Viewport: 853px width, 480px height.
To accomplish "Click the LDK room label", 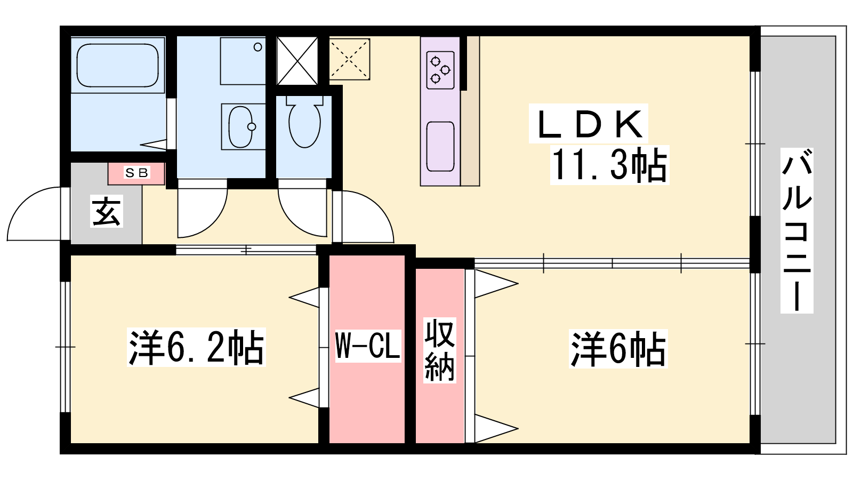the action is pyautogui.click(x=589, y=124).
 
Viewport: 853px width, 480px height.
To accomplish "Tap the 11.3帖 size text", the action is pyautogui.click(x=609, y=165).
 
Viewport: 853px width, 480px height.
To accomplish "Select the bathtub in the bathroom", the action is pyautogui.click(x=118, y=65).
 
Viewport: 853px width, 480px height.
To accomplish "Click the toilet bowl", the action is pyautogui.click(x=304, y=122).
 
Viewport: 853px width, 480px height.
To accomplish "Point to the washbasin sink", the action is pyautogui.click(x=240, y=127).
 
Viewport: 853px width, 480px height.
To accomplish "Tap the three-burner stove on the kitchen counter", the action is pyautogui.click(x=440, y=70).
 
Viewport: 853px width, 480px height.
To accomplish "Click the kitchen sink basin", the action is pyautogui.click(x=440, y=147).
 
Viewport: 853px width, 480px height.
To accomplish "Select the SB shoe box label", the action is pyautogui.click(x=136, y=173).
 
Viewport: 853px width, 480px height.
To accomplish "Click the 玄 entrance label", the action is pyautogui.click(x=106, y=211).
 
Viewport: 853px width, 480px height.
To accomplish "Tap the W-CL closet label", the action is pyautogui.click(x=368, y=345).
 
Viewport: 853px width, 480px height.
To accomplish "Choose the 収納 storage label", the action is pyautogui.click(x=440, y=350).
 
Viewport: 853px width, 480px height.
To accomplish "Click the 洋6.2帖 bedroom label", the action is pyautogui.click(x=196, y=347).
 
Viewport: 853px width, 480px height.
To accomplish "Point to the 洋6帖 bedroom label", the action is pyautogui.click(x=618, y=349).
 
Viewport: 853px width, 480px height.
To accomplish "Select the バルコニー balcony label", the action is pyautogui.click(x=797, y=230).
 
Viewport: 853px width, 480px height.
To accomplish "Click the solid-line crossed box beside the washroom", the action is pyautogui.click(x=297, y=61).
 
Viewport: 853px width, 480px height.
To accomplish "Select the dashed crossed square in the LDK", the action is pyautogui.click(x=350, y=59).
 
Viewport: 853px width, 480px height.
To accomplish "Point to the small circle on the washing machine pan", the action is pyautogui.click(x=258, y=47).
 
